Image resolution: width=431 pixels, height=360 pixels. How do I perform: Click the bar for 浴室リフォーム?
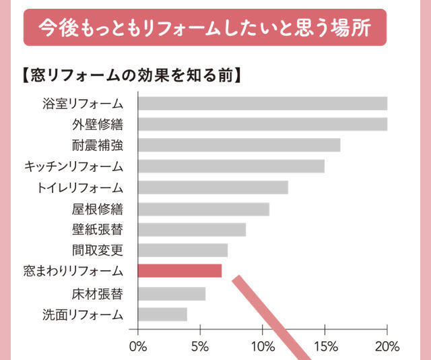263,103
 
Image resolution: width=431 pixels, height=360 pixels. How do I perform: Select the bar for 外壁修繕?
263,124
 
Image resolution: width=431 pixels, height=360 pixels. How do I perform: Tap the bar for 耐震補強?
239,145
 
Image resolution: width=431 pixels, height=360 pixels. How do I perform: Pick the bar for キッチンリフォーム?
231,166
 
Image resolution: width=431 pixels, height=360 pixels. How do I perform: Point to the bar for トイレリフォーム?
213,187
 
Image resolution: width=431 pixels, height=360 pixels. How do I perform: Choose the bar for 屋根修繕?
203,209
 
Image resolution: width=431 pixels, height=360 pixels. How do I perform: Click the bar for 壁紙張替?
192,230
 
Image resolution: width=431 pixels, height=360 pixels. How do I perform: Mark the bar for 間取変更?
183,251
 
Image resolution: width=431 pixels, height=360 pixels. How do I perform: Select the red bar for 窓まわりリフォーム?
180,271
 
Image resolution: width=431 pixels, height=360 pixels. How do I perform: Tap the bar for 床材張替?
172,294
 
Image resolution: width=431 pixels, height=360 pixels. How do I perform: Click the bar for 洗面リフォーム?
162,314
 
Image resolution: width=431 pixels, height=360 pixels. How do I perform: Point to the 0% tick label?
138,347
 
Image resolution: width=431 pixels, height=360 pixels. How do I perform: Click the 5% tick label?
200,347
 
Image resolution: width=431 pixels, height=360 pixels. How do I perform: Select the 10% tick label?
263,347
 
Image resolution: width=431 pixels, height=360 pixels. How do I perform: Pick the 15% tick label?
325,347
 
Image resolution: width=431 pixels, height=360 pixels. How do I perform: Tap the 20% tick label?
387,347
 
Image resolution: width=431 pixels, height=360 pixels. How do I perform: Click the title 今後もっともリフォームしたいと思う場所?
205,28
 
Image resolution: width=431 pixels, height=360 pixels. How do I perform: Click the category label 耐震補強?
98,145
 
